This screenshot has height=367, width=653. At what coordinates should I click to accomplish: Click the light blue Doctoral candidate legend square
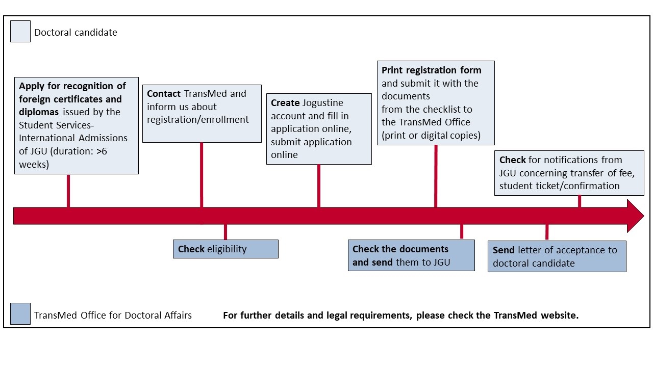20,31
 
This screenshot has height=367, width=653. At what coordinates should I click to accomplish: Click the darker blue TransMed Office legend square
20,313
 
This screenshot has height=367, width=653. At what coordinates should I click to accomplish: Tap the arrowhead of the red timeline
636,216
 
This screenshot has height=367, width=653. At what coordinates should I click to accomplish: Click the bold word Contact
164,93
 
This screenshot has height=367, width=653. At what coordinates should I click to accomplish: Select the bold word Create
285,102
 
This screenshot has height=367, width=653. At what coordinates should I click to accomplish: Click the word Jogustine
323,103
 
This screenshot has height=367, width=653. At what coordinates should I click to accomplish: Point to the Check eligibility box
225,249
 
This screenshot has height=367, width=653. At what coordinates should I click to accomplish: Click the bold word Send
504,250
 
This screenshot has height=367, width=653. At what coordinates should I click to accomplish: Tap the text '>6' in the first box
102,151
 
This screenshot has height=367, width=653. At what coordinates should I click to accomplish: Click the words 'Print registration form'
432,70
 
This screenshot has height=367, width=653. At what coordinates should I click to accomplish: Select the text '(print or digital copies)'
431,136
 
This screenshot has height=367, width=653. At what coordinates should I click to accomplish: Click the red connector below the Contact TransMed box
202,175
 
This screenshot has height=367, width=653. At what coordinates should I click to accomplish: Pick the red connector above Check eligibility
225,232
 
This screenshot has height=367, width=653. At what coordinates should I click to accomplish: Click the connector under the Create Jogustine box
319,186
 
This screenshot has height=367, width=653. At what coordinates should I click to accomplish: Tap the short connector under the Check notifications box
580,201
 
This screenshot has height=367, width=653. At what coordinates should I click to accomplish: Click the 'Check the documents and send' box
411,255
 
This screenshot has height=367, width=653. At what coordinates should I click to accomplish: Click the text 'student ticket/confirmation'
560,186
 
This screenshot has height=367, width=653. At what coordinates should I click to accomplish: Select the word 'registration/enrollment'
197,119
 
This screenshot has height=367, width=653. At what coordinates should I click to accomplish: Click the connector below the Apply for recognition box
68,191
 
